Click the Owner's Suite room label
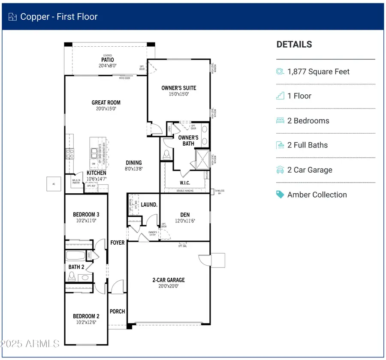(178, 88)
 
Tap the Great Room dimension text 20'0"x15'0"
(106, 109)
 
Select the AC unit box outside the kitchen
(54, 183)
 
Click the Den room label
(185, 215)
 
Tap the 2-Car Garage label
(169, 280)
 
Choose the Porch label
(117, 311)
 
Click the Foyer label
(117, 243)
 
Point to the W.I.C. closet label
(185, 183)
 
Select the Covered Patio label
(107, 60)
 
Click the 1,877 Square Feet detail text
(318, 72)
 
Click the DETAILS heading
(294, 45)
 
